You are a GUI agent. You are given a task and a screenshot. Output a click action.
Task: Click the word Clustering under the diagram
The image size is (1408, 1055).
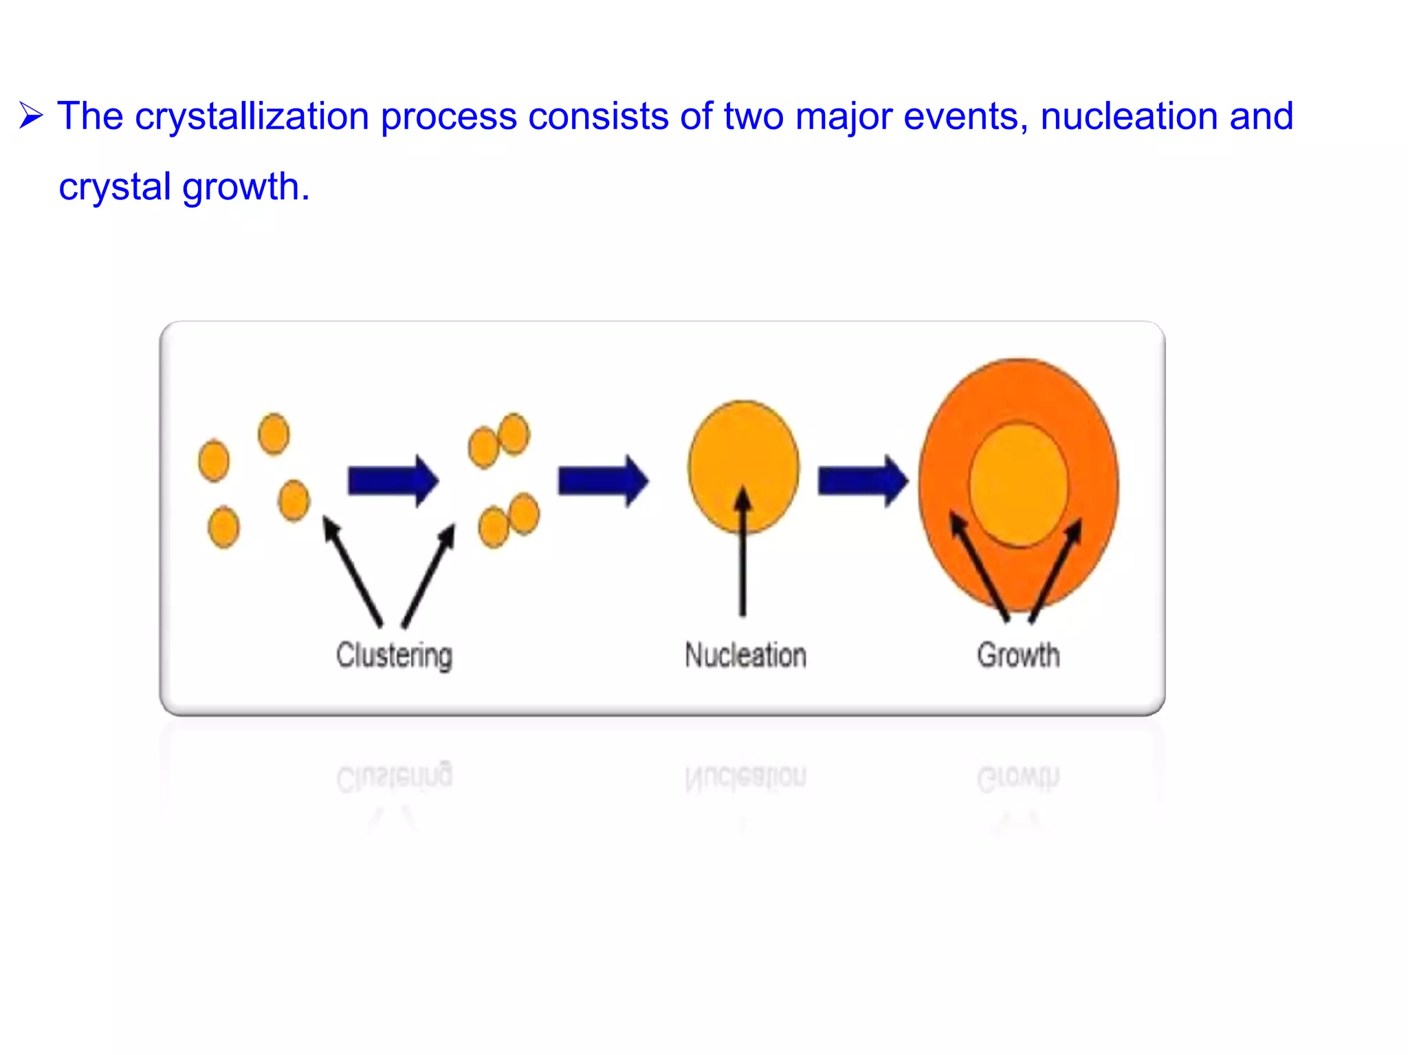click(394, 654)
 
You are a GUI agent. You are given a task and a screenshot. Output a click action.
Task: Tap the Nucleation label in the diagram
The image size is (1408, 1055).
click(745, 654)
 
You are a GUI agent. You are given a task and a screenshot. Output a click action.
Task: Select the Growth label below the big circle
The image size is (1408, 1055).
click(1018, 654)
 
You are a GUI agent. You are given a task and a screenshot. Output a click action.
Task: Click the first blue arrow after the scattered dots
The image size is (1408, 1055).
click(393, 480)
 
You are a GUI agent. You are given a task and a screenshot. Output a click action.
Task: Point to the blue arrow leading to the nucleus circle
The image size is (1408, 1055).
click(602, 480)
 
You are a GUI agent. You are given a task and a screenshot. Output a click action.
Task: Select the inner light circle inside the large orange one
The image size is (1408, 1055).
click(1019, 474)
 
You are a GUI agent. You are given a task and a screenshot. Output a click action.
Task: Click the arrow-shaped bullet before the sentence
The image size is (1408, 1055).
click(32, 115)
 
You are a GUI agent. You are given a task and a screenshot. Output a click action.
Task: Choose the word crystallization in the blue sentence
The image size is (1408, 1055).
click(252, 115)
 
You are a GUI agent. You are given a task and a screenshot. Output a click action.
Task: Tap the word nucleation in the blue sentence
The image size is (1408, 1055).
click(1128, 115)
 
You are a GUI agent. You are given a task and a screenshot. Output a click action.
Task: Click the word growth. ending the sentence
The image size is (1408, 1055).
click(246, 187)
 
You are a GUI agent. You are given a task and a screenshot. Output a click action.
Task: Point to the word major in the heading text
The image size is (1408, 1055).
click(843, 115)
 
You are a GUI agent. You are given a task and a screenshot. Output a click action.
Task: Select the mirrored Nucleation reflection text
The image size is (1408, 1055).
click(745, 777)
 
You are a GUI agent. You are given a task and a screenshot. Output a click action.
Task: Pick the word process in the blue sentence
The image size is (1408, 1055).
click(448, 115)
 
